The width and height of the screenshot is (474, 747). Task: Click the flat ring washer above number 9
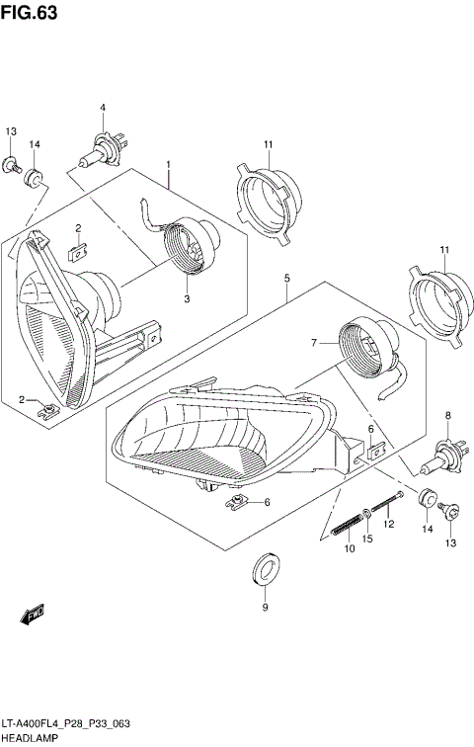pyautogui.click(x=264, y=567)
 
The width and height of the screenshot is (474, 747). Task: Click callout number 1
pyautogui.click(x=169, y=164)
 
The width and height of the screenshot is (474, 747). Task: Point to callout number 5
pyautogui.click(x=286, y=278)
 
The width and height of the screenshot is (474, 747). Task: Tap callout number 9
pyautogui.click(x=264, y=608)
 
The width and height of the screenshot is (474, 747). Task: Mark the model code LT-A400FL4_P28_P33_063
pyautogui.click(x=67, y=723)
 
